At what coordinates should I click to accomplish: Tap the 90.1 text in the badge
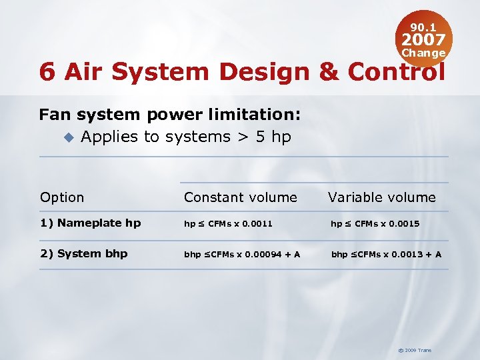pos(423,27)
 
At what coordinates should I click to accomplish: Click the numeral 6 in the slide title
pos(47,72)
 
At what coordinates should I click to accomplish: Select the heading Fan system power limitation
pos(170,115)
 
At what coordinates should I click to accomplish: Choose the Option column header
pos(62,197)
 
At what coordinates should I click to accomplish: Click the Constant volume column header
pos(241,197)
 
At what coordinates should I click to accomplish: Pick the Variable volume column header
pos(382,197)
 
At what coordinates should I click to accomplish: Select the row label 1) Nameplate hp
pos(91,223)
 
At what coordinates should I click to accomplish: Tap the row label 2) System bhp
pos(84,254)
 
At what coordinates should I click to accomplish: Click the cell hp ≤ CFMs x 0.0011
pos(229,224)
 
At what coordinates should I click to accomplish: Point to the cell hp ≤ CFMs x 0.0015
pos(375,224)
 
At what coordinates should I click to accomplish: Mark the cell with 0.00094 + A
pos(242,254)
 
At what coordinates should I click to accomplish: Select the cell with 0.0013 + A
pos(387,254)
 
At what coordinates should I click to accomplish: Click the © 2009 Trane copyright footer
pos(415,350)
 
